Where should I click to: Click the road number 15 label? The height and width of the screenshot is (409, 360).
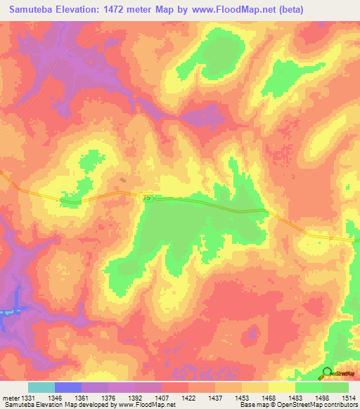(146, 200)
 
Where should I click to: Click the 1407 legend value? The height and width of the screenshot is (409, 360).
(162, 398)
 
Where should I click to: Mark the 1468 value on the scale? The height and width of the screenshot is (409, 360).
(269, 398)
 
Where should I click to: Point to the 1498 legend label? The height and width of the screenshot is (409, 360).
(322, 398)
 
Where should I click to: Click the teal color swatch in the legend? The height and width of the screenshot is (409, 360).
(41, 387)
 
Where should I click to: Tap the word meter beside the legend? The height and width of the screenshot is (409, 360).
(10, 398)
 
